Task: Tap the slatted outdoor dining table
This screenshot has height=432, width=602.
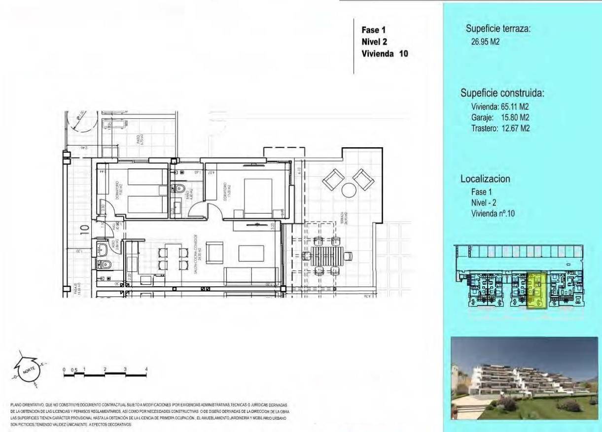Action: (x=326, y=255)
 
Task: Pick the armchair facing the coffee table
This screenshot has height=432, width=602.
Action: (x=214, y=253)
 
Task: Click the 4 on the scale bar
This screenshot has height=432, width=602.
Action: (x=146, y=369)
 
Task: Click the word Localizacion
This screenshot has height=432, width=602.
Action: (x=485, y=179)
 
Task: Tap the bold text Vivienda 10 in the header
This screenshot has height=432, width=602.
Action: (x=385, y=54)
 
